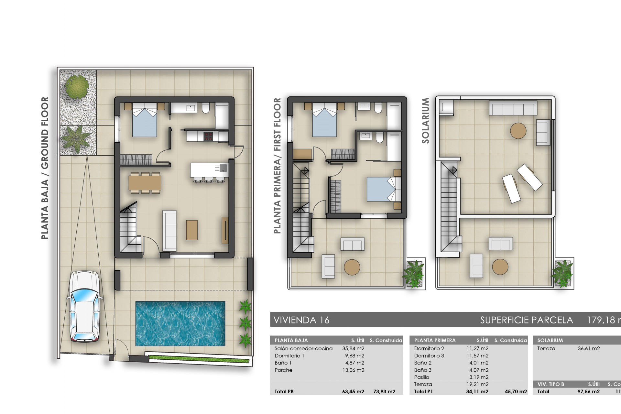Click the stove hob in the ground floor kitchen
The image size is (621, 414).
pos(208,136)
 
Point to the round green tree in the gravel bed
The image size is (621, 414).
pos(76,86)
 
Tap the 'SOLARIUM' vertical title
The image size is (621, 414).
pos(425,121)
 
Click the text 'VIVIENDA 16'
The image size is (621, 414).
pos(301,320)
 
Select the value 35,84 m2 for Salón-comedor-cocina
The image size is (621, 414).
pos(353,348)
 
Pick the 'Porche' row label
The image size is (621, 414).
pos(283,370)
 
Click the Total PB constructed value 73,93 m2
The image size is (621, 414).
pos(384,391)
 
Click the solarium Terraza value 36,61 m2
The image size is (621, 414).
pos(589,348)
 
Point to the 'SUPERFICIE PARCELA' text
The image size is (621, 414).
pos(526,320)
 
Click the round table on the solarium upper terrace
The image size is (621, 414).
pos(518,131)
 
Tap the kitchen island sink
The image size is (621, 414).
pos(223,168)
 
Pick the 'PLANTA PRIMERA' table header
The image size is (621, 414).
pos(435,340)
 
